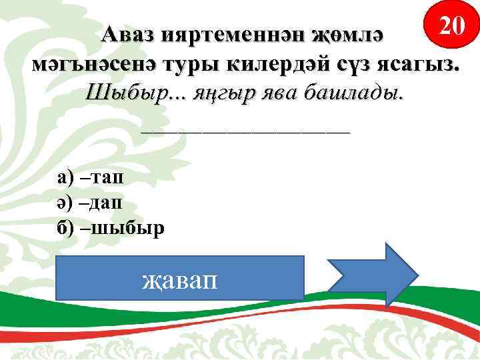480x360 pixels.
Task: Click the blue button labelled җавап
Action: pos(179,277)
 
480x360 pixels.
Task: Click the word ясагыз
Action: pos(421,65)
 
